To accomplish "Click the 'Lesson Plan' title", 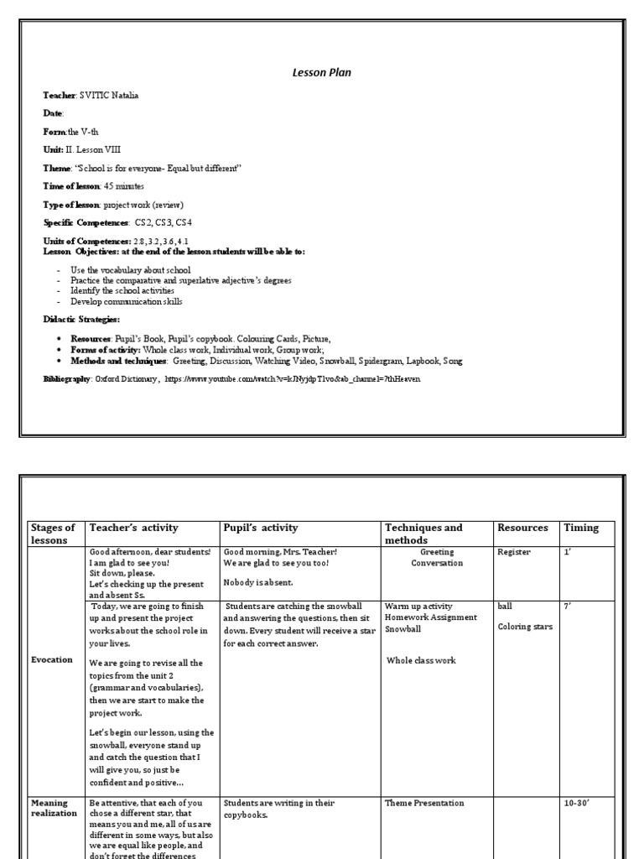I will tap(321, 73).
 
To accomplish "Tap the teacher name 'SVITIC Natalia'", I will tap(109, 96).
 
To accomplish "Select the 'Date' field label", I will tap(53, 113).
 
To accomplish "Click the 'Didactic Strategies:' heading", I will tap(81, 320).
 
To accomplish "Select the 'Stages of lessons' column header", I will tap(53, 534).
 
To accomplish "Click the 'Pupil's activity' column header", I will tap(261, 528).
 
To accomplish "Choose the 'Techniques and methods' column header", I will tap(423, 534).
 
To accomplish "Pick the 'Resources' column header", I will tap(522, 528).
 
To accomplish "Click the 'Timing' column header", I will tap(581, 528).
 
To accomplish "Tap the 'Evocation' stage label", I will tap(51, 660).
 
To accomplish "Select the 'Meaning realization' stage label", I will tap(54, 808).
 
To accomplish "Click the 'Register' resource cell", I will tap(513, 553).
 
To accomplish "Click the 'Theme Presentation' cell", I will tap(424, 803).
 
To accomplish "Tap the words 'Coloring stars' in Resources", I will tap(525, 627).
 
